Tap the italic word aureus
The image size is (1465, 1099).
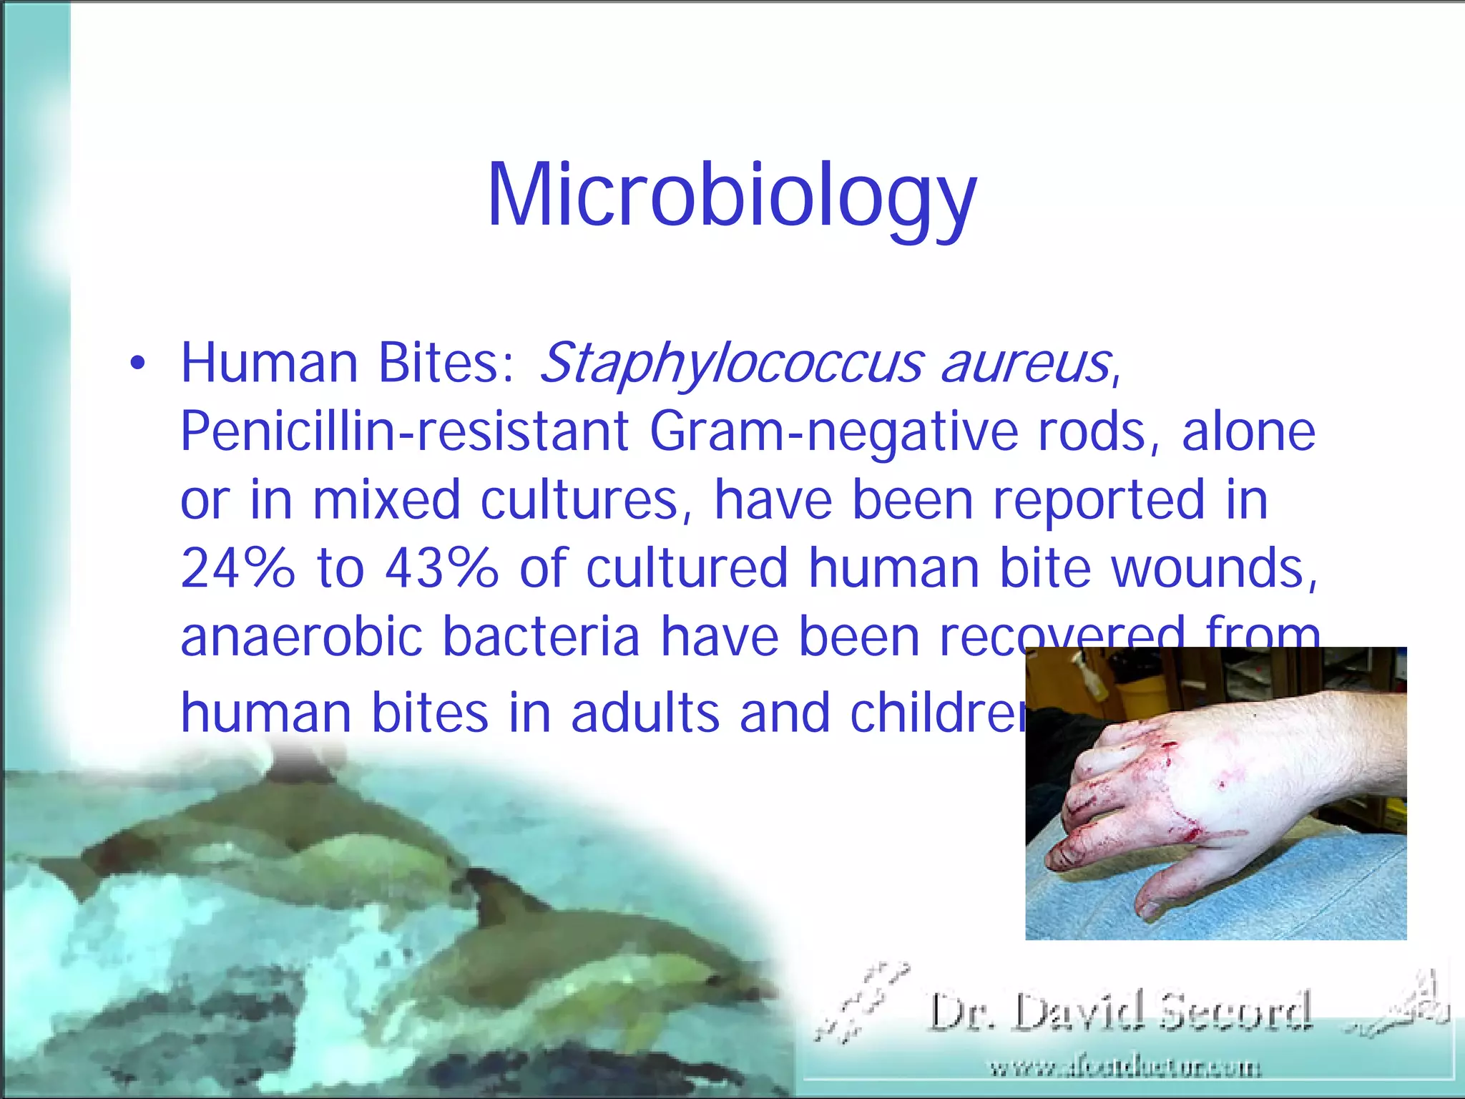click(1026, 363)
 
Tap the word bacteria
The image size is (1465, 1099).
click(541, 636)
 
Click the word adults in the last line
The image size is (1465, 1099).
click(645, 713)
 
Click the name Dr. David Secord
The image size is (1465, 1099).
click(1120, 1012)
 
